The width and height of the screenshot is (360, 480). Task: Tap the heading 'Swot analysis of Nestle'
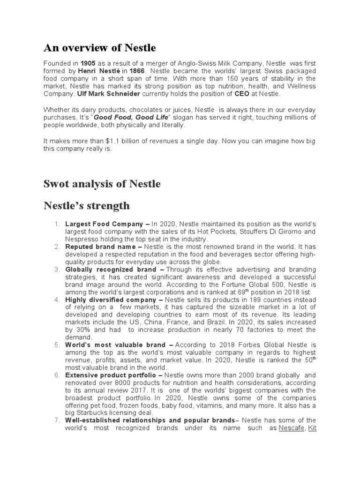102,184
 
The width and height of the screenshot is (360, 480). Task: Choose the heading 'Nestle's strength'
87,206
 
